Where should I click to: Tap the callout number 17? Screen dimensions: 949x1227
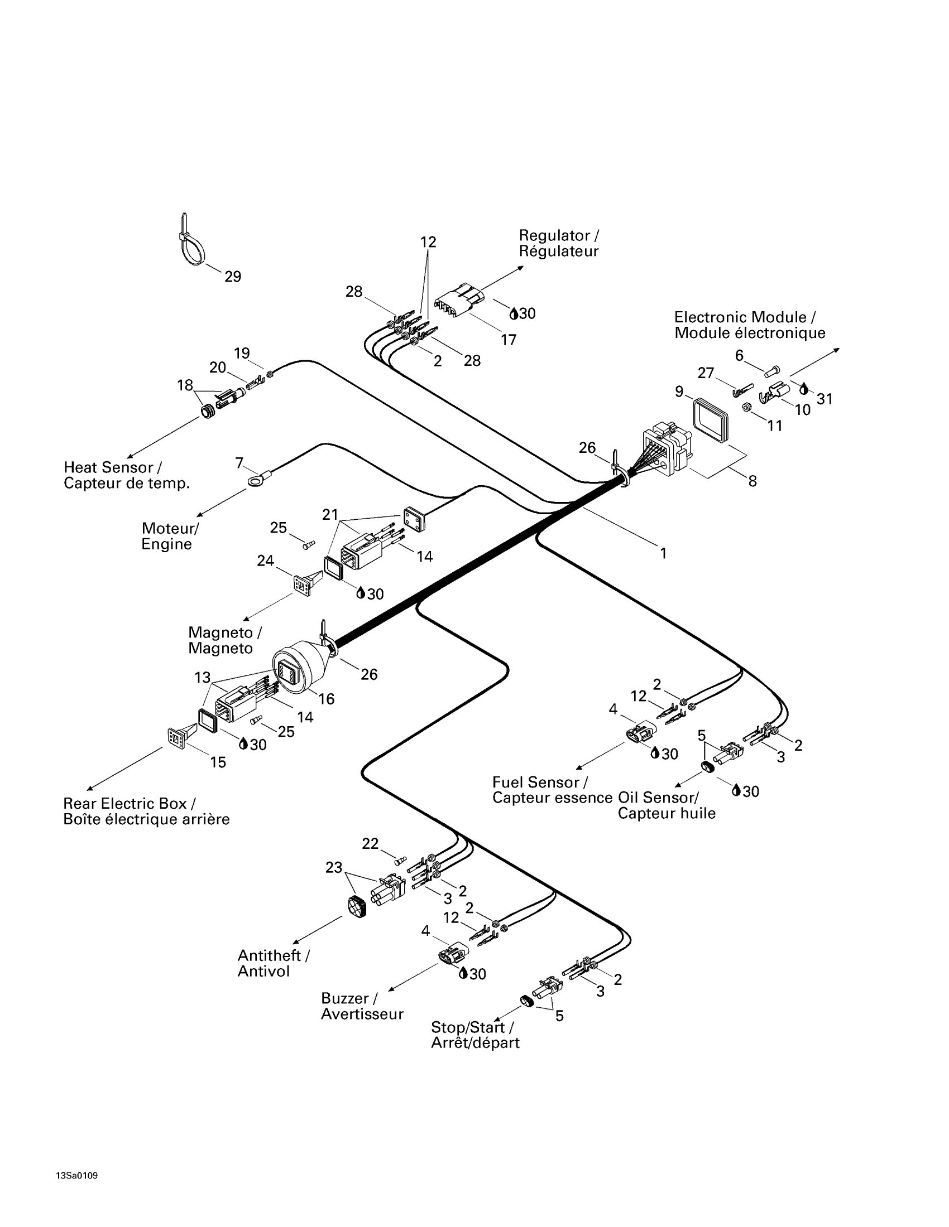[x=508, y=340]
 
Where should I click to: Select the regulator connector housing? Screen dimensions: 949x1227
[x=459, y=302]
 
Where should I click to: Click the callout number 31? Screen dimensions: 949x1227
[x=825, y=399]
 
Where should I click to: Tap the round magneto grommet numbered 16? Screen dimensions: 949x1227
[x=298, y=670]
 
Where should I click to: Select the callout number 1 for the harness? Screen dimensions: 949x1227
[x=663, y=553]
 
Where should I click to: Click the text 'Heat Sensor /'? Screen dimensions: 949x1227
[x=113, y=467]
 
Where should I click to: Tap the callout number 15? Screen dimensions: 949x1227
[x=218, y=762]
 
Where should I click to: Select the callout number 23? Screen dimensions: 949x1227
[x=334, y=867]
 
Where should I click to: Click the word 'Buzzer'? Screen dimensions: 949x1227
[x=344, y=998]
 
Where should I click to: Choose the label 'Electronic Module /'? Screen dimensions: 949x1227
[x=745, y=317]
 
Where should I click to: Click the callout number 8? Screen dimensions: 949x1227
[x=753, y=481]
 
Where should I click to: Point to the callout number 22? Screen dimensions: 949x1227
[x=370, y=843]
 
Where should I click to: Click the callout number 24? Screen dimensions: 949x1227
[x=265, y=560]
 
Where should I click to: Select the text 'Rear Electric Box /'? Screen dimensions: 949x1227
[x=130, y=803]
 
